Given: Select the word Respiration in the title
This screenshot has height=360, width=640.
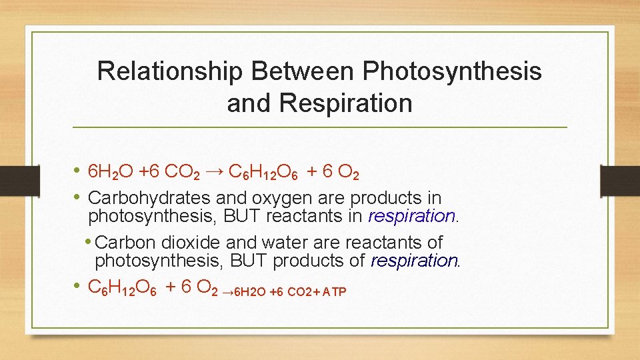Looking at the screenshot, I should [346, 103].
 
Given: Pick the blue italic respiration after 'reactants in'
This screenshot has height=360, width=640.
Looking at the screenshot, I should [411, 216].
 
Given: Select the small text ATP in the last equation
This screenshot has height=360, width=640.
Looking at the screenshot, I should [334, 292].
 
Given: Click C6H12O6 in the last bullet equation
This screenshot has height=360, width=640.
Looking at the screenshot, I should [123, 287].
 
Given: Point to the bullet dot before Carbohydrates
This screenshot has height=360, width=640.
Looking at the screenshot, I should [79, 198].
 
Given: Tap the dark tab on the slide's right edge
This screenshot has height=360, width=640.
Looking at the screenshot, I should [619, 180].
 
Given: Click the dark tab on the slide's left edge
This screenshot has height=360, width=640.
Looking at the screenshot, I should [11, 180].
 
